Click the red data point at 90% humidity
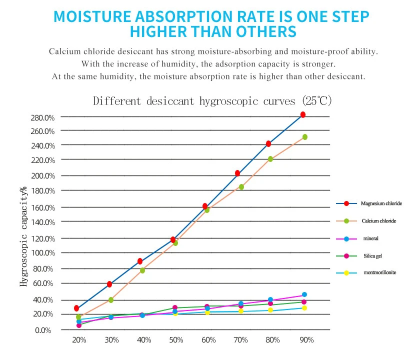coord(303,114)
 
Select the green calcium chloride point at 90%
coord(305,136)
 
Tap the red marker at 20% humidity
coord(76,308)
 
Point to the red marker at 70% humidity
coord(237,173)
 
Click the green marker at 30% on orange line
coord(111,300)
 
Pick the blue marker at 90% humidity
coord(304,294)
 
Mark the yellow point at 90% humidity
coord(304,308)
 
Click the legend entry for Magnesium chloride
coord(381,203)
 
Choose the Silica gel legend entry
coord(373,255)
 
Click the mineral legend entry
coord(371,238)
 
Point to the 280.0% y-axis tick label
coord(42,117)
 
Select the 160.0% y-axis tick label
coord(42,207)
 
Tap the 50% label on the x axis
coord(176,340)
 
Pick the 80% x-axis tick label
coord(273,340)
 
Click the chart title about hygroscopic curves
coord(212,100)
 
